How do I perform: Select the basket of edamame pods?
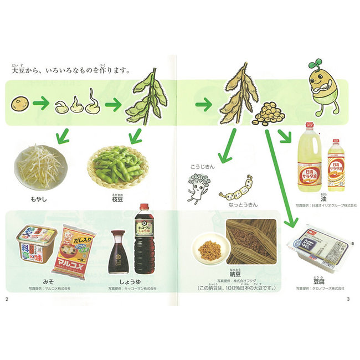pyautogui.click(x=116, y=164)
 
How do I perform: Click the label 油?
pyautogui.click(x=322, y=197)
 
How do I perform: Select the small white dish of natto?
pyautogui.click(x=209, y=250)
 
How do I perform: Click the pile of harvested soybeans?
pyautogui.click(x=269, y=112)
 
